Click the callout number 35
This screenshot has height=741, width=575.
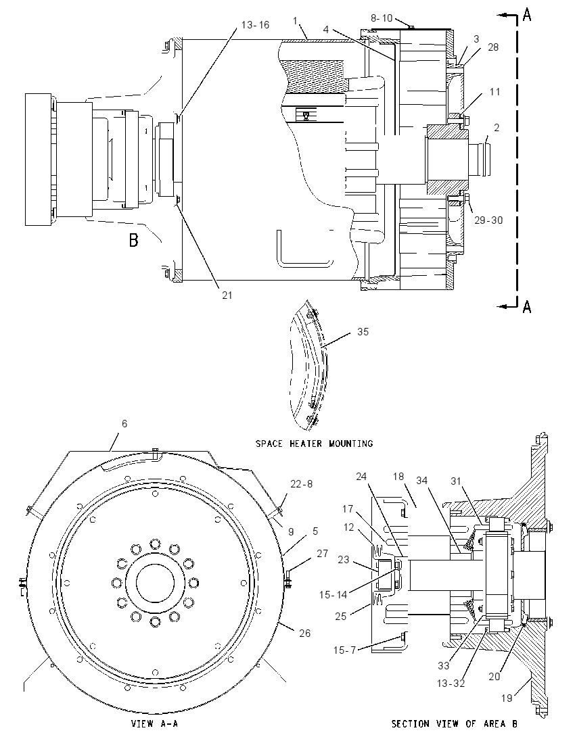click(x=363, y=332)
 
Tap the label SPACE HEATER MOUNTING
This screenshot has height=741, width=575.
click(x=315, y=444)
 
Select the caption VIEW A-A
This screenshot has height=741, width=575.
click(x=154, y=723)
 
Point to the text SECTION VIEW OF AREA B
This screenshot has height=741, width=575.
click(x=455, y=723)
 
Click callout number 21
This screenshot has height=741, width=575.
click(x=227, y=295)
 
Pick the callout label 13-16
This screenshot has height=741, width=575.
click(x=255, y=24)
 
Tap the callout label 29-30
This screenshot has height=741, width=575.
click(x=489, y=220)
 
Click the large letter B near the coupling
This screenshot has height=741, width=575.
click(x=134, y=241)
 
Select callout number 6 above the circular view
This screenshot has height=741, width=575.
click(x=124, y=423)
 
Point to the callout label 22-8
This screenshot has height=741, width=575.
click(x=301, y=484)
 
